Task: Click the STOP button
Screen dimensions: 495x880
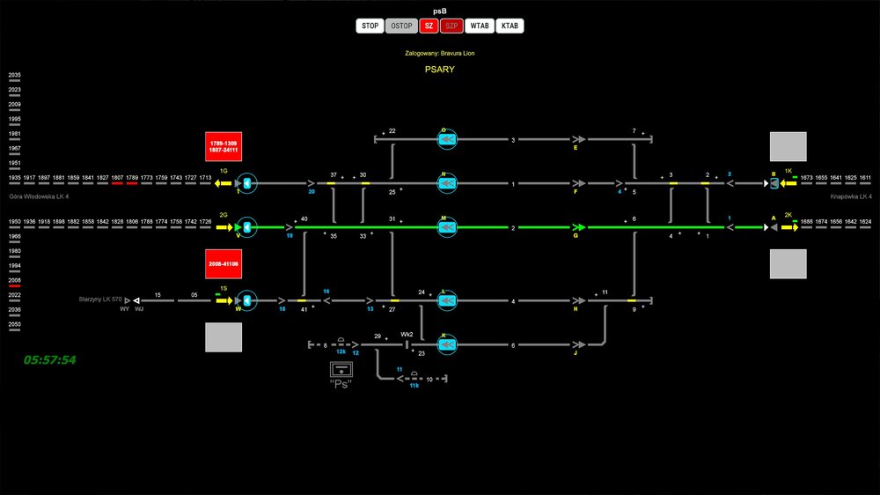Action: (370, 26)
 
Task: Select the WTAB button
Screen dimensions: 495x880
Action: (480, 26)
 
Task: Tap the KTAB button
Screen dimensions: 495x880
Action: (510, 26)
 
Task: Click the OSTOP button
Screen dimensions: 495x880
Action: (401, 26)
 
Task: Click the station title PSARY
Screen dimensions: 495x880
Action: (439, 70)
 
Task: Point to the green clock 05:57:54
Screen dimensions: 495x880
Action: (50, 360)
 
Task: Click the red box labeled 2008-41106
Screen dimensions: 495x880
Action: (224, 263)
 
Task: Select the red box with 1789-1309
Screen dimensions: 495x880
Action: (224, 147)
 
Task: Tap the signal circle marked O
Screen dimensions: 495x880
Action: (447, 139)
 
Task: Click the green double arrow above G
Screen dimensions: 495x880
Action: (578, 227)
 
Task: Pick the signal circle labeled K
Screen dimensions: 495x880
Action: (447, 344)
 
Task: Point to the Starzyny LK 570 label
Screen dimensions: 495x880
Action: (103, 300)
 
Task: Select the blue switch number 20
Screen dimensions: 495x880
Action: (312, 191)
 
